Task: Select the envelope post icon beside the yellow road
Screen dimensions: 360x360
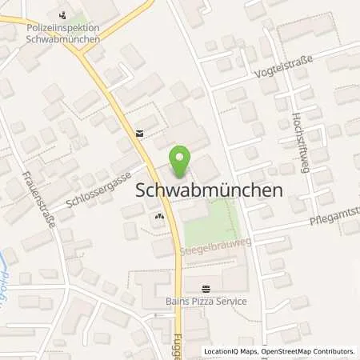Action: coord(140,133)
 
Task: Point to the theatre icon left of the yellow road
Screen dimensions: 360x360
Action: coord(159,214)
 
